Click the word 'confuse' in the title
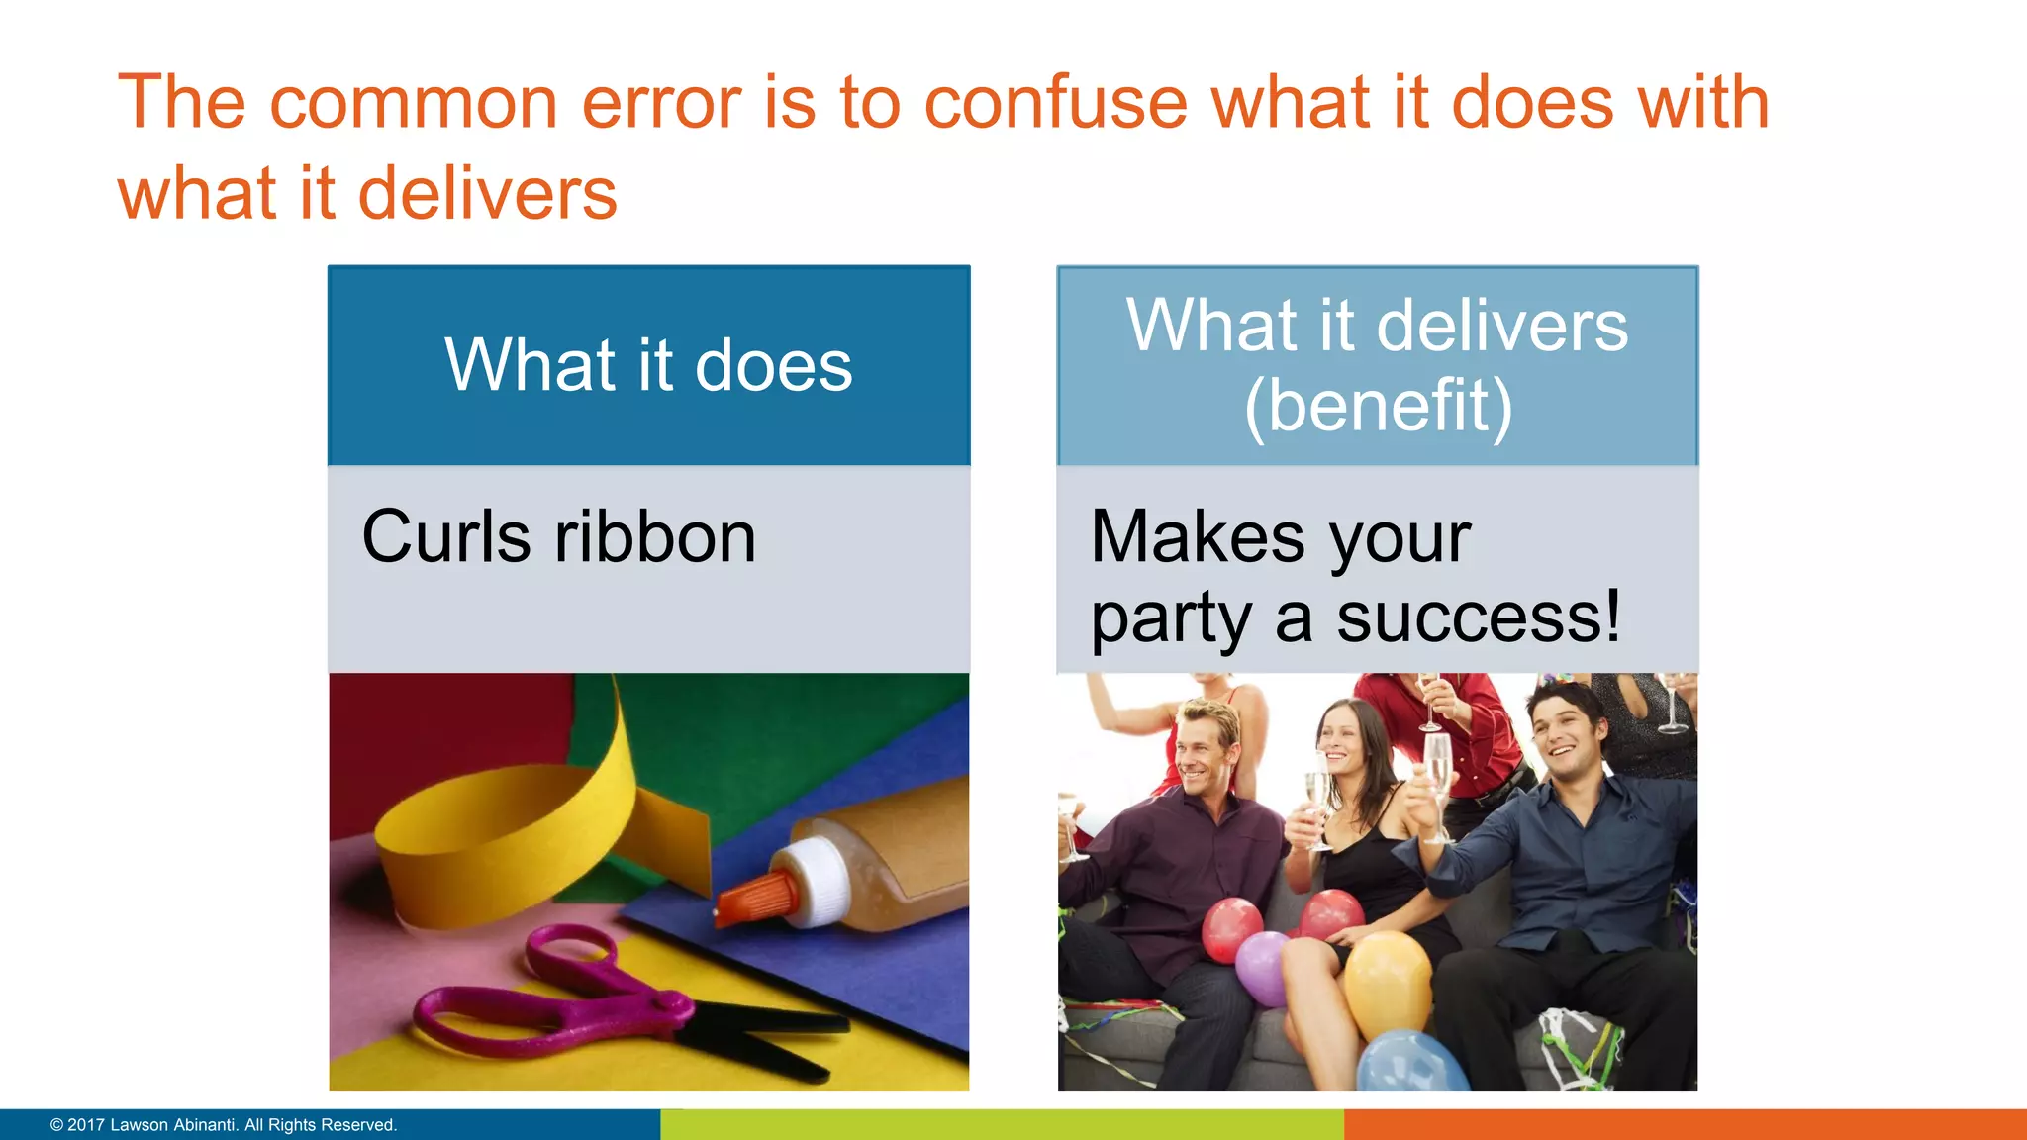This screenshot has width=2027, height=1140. coord(1055,103)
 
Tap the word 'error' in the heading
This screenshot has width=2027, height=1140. coord(661,103)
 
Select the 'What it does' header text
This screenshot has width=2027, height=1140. coord(648,365)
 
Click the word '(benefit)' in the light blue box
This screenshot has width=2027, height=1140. coord(1378,406)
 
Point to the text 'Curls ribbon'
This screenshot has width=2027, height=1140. coord(559,537)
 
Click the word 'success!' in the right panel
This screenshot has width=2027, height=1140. coord(1479,617)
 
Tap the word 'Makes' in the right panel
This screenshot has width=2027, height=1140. coord(1198,537)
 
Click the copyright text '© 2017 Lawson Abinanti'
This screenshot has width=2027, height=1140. coord(224,1125)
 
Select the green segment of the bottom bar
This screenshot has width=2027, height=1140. coord(1002,1125)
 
